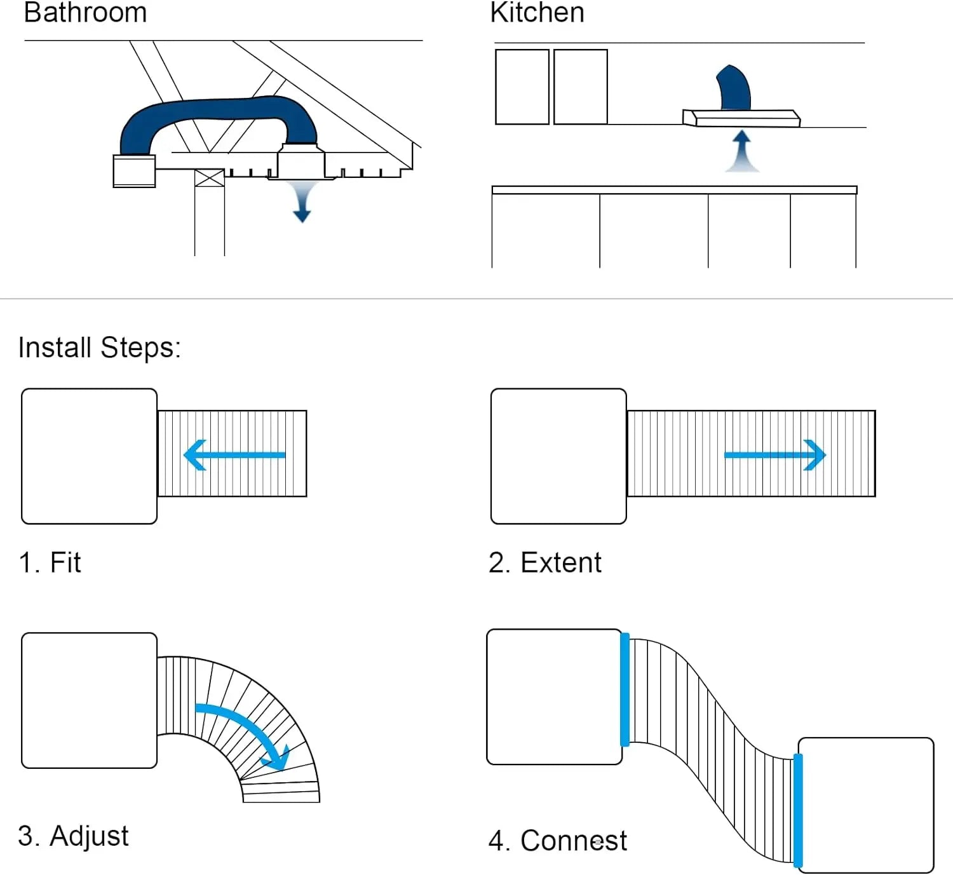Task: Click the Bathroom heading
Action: coord(85,13)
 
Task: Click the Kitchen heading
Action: coord(537,13)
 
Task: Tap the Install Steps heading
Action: coord(99,348)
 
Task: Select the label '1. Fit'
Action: coord(50,562)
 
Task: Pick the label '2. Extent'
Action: coord(544,562)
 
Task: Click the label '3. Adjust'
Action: coord(73,836)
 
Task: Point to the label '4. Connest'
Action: coord(557,841)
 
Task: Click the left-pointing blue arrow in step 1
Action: coord(234,455)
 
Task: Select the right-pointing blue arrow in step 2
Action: coord(775,455)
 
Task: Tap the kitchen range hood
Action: coord(741,118)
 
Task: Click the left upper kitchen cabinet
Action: coord(522,86)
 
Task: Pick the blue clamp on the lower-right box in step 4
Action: coord(798,810)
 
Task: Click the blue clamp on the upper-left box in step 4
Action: coord(625,689)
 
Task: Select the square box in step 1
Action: coord(89,456)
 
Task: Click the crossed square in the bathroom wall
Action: coord(209,178)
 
